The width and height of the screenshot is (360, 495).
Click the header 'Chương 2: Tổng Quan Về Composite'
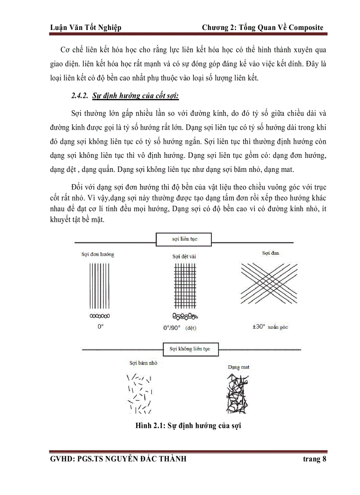pos(262,28)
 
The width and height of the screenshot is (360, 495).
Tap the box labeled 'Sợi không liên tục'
pos(190,349)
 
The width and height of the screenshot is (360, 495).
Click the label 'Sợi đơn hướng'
pos(97,254)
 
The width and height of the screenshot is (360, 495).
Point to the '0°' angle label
pos(100,327)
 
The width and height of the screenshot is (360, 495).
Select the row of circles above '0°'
pos(100,316)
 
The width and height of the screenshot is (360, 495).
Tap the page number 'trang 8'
pos(314,459)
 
